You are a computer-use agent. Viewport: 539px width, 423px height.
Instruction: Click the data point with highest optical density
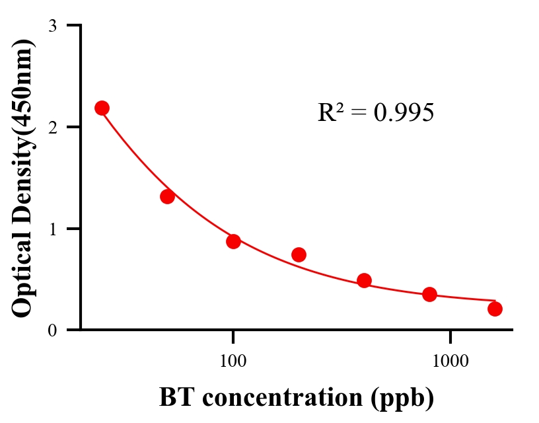tap(102, 108)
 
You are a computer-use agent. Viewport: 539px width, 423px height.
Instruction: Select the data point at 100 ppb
tap(233, 241)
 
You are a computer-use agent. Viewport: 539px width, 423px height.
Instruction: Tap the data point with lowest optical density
tap(495, 309)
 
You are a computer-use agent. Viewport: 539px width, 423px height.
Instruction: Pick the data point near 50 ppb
tap(167, 196)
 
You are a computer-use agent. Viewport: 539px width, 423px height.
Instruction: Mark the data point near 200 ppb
tap(299, 254)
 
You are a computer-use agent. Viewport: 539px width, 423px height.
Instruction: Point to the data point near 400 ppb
tap(364, 280)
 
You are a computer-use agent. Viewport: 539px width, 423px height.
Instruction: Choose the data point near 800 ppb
tap(429, 294)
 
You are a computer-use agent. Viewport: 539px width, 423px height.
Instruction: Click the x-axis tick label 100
tap(233, 361)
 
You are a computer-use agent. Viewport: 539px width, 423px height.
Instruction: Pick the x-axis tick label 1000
tap(450, 361)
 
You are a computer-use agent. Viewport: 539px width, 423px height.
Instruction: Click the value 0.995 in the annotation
tap(404, 113)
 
